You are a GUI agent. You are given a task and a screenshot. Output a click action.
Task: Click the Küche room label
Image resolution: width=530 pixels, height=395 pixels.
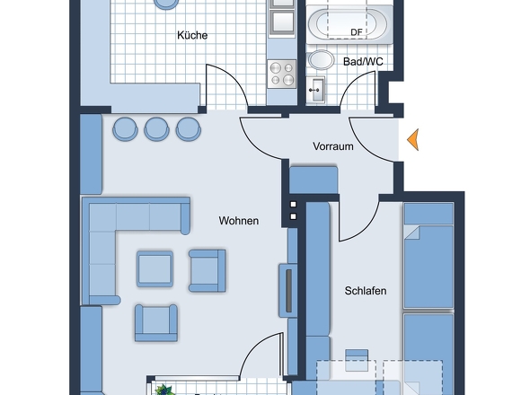coord(192,35)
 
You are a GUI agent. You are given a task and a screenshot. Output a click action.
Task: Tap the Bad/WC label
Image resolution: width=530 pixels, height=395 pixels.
coord(363,62)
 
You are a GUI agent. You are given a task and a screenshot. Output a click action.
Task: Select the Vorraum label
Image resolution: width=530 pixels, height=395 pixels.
coord(333,146)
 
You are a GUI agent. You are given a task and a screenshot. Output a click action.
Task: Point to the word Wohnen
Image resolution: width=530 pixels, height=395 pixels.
coord(239,221)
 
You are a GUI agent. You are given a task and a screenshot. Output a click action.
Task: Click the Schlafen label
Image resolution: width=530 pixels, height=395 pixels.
coord(366,291)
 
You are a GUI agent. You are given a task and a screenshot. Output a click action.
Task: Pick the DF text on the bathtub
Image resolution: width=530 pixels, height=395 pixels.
coord(357,32)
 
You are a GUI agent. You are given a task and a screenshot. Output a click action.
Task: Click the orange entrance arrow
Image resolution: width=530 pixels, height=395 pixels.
coord(412,139)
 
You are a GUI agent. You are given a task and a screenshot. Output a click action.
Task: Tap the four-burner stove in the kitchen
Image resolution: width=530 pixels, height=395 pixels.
coord(281,74)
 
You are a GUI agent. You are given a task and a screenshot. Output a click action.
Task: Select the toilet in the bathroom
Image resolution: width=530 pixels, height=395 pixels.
coord(321,60)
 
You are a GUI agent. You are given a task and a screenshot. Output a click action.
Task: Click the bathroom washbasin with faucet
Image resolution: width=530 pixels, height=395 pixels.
coord(315,90)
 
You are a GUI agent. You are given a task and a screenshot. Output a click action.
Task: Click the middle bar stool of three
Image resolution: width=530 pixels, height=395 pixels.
coord(156,128)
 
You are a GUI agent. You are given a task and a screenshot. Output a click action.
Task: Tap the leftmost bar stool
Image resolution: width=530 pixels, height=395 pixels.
coord(125,128)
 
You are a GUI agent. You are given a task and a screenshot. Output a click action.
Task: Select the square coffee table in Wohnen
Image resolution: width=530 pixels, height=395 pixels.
coord(155,269)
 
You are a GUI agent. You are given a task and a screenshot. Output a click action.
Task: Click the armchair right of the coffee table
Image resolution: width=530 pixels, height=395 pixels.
coord(208,270)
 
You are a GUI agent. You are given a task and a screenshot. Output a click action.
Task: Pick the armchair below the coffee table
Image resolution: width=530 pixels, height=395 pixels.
coord(155,323)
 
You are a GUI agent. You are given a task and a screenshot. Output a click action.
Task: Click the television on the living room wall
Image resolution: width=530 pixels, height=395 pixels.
coord(288,291)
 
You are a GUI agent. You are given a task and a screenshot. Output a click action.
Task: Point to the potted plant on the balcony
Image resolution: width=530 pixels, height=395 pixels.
coord(164,390)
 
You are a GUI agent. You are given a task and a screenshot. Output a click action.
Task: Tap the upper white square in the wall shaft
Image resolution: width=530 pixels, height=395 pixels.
coord(294,205)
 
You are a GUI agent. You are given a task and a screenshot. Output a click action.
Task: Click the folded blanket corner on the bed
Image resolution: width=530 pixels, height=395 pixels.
coord(411,233)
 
